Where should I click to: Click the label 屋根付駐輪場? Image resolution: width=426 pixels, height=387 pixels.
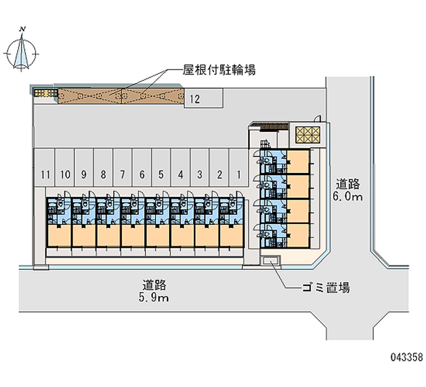219,70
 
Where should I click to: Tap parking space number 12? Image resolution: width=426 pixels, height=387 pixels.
195,98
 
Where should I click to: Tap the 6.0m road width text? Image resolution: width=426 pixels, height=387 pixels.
348,197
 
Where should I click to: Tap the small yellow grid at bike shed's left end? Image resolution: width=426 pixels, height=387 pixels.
45,94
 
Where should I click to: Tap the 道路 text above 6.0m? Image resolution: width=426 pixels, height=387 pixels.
348,184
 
